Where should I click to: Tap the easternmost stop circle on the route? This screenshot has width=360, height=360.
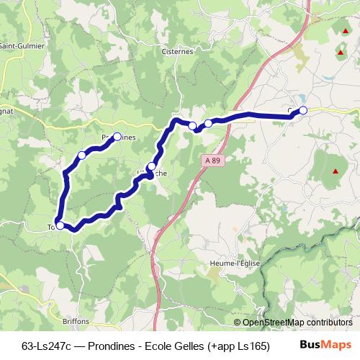point(303,110)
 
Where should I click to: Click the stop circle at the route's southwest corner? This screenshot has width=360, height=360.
point(60,225)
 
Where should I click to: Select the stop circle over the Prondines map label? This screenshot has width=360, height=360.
point(117,136)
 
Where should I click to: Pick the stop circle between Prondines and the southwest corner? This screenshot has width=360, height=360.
point(81,155)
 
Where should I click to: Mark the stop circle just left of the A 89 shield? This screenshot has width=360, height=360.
point(151,167)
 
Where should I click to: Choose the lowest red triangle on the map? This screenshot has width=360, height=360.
point(335,171)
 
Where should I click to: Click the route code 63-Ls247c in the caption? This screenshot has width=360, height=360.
point(48,346)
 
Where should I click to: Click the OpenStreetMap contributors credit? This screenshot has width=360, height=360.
point(297,323)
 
